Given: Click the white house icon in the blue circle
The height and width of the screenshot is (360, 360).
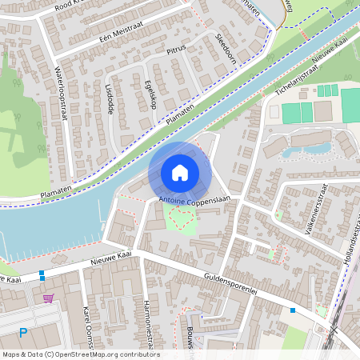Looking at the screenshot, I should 180,173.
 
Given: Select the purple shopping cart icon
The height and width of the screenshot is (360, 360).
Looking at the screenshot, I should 49,298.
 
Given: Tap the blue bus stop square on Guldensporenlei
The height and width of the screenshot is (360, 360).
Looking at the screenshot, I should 293,310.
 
